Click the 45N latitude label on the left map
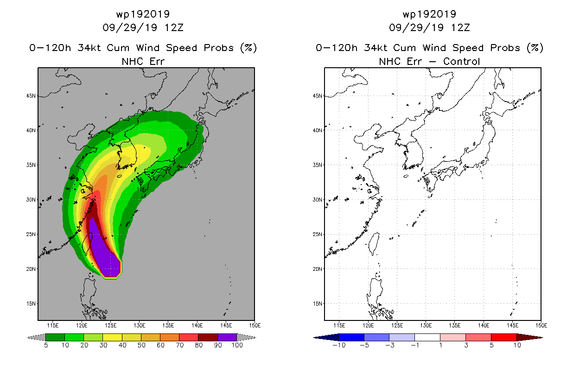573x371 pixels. point(31,96)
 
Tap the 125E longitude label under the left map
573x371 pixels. point(110,326)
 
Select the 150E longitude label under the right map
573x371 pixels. point(541,326)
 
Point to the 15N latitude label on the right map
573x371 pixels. point(317,304)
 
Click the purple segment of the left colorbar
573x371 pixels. point(227,337)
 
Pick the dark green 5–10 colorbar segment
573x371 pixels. point(55,337)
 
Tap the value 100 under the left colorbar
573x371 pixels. point(237,345)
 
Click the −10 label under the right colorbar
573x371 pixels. point(339,345)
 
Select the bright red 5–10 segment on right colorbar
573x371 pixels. point(504,337)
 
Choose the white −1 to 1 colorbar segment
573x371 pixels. point(427,337)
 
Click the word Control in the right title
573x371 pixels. point(461,62)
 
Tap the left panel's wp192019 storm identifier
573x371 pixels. point(143,14)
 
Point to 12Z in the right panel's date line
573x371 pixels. point(460,28)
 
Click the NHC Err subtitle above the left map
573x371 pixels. point(143,62)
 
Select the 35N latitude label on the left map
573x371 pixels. point(31,165)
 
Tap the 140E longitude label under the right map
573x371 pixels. point(484,326)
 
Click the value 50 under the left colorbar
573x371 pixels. point(141,345)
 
